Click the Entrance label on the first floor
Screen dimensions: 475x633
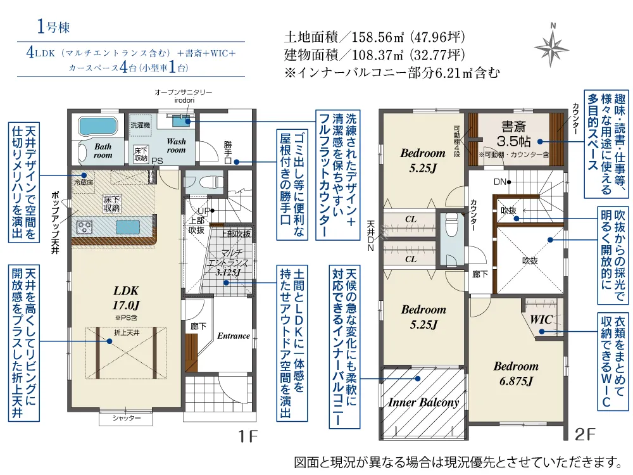tap(234, 336)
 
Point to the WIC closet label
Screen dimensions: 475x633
tap(541, 320)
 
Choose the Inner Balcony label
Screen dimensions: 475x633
tap(423, 402)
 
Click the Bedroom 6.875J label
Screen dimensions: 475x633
tap(516, 373)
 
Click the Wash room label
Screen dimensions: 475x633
tap(176, 146)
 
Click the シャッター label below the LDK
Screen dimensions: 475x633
tap(127, 419)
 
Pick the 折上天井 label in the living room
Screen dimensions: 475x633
tap(126, 332)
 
